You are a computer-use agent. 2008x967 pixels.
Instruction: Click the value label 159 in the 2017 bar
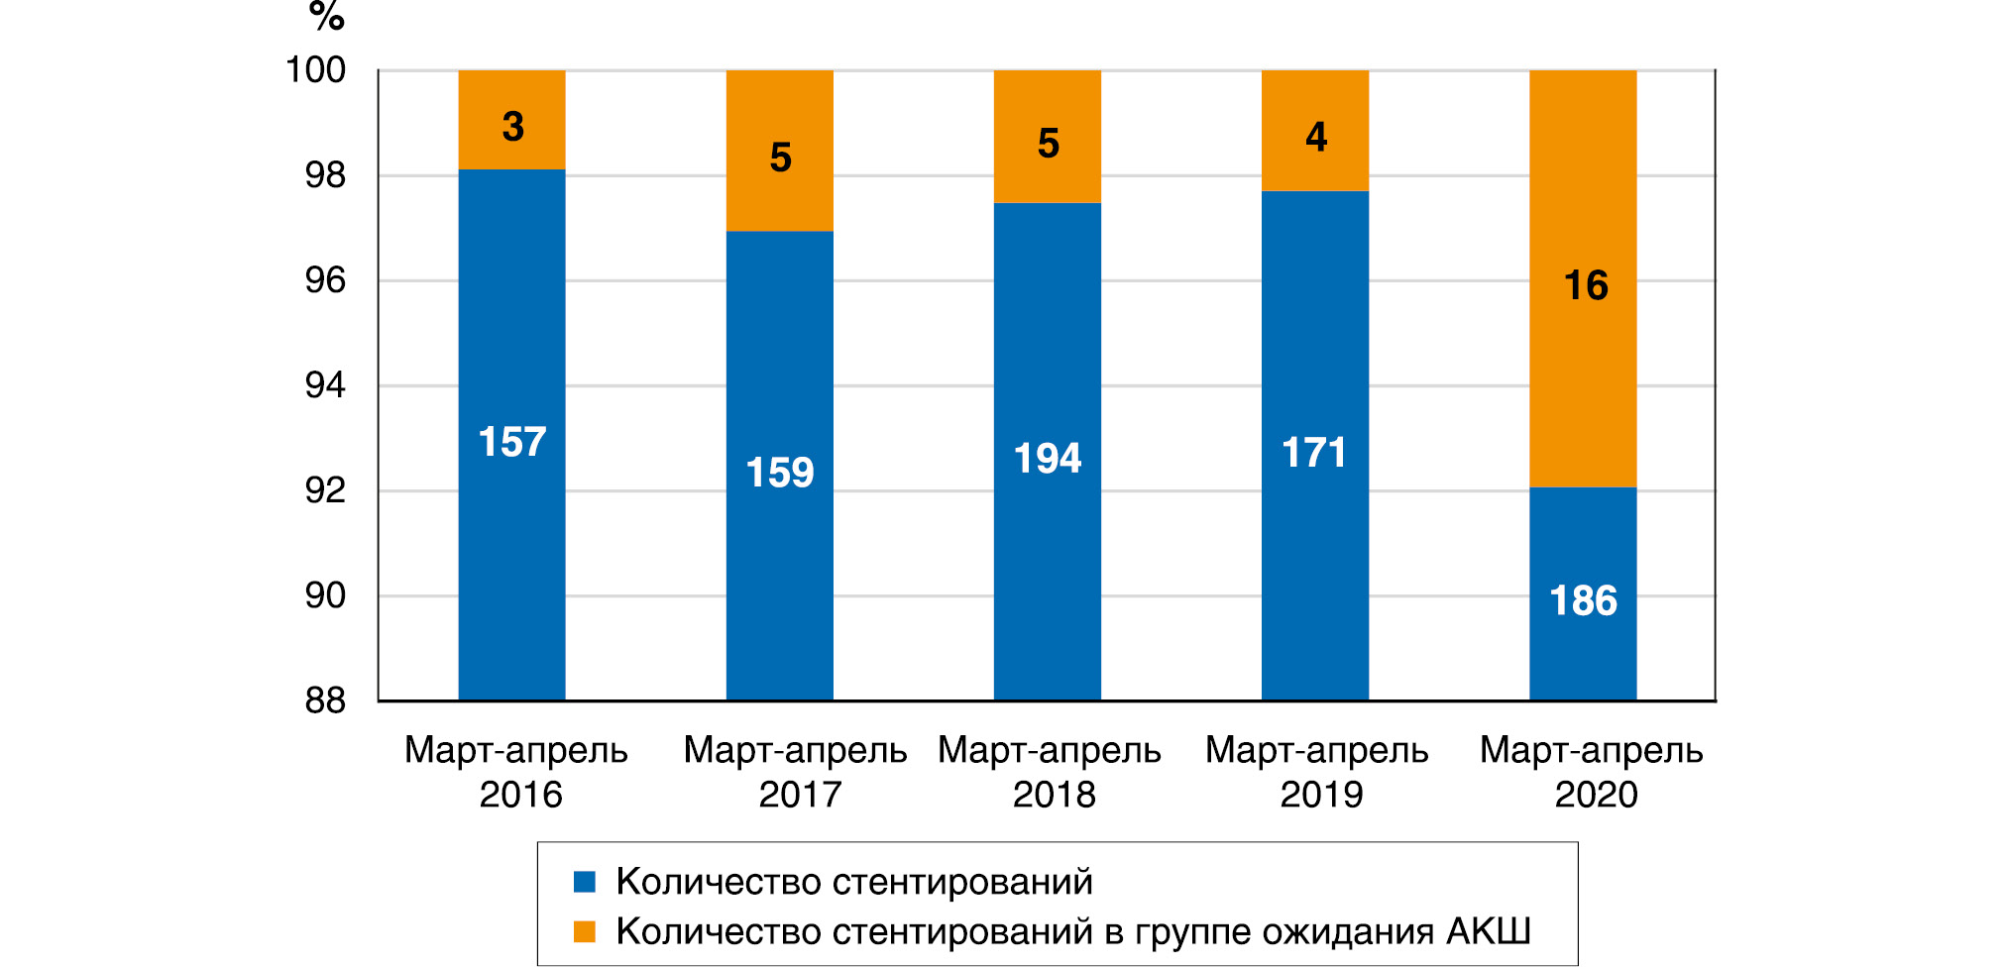click(780, 473)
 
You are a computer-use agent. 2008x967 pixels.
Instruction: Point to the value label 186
click(1583, 601)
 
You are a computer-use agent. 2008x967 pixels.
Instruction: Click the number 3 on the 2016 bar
click(512, 127)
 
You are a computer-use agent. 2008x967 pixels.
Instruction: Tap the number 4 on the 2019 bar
click(1315, 137)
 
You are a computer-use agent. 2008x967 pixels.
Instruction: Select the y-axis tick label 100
click(315, 70)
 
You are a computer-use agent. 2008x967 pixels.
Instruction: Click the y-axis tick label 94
click(325, 385)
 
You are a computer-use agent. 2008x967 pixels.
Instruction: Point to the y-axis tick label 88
click(325, 701)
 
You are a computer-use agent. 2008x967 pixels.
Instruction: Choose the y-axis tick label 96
click(325, 280)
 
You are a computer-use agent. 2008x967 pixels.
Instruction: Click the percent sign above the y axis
click(326, 17)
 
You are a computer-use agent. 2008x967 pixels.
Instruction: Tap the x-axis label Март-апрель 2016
click(516, 772)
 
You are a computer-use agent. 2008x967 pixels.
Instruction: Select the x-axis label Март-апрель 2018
click(1050, 772)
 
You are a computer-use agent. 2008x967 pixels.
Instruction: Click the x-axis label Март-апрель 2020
click(1592, 772)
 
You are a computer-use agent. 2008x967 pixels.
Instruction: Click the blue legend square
click(585, 882)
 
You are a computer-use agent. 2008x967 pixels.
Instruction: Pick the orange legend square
click(585, 932)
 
